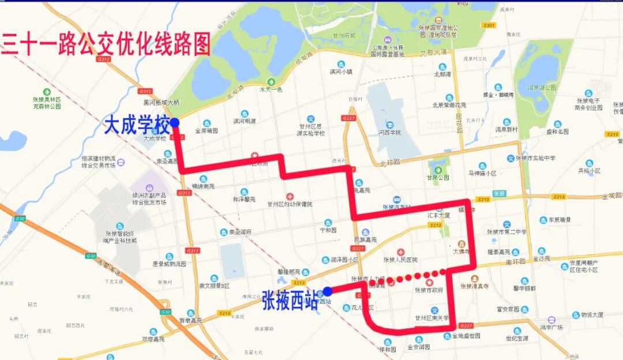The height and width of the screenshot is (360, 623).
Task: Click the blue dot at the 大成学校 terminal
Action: click(175, 122)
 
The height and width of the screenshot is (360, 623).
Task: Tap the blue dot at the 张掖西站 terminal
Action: click(327, 291)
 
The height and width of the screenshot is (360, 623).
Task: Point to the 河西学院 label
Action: click(390, 133)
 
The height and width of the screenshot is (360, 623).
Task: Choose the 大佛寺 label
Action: click(462, 252)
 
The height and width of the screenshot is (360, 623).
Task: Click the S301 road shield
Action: click(489, 25)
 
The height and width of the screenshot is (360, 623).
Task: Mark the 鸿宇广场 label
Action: click(552, 327)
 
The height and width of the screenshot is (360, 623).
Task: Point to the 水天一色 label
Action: click(271, 89)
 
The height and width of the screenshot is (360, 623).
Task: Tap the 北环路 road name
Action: click(390, 163)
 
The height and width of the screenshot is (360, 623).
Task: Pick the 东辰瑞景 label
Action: click(560, 220)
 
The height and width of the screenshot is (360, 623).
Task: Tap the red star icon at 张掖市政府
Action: click(430, 282)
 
